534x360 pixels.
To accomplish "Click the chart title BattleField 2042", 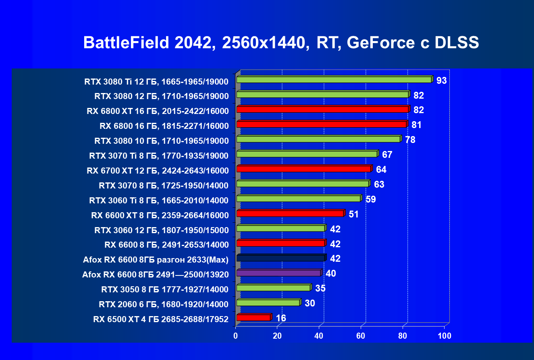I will (x=281, y=43).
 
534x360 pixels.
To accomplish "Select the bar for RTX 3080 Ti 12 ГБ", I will (x=334, y=80).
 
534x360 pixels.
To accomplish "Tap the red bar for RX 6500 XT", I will (x=253, y=318).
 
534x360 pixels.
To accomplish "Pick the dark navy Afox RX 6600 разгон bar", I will (x=281, y=258).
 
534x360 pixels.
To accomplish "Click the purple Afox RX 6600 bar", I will (x=278, y=273).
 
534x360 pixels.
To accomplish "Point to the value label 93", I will (x=441, y=81).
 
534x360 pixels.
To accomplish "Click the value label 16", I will (x=281, y=319).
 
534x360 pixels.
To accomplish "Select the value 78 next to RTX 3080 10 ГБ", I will (x=410, y=140).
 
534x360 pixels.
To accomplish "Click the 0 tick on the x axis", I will (x=236, y=335).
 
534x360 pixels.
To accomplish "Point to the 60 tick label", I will (x=361, y=335).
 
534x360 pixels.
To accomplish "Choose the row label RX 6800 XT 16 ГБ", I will (x=158, y=111).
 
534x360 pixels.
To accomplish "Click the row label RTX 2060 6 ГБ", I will (x=164, y=304).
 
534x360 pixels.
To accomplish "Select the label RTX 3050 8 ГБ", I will (x=165, y=289).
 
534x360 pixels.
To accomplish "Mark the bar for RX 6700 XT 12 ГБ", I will (x=303, y=169).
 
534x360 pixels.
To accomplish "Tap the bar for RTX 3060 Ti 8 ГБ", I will (x=298, y=199).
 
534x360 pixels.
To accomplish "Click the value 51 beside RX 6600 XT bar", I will (x=353, y=214).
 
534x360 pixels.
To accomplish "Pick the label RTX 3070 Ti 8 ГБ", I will (x=159, y=156).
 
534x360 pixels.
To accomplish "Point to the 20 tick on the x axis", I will (x=278, y=335).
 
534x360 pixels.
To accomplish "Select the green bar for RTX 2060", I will (x=268, y=303).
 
